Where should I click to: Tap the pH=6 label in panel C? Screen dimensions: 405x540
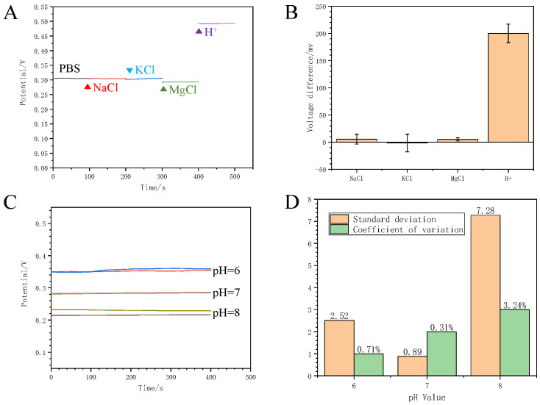tap(227, 270)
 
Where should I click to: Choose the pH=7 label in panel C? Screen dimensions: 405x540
tap(227, 293)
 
